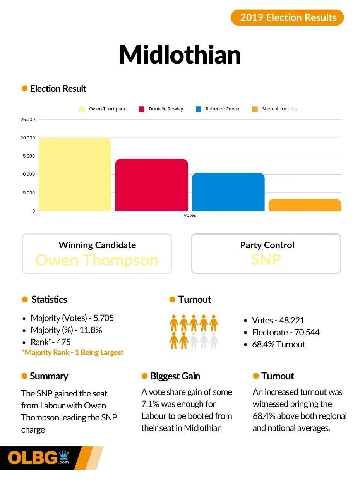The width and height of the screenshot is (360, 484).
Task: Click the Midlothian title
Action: pyautogui.click(x=180, y=55)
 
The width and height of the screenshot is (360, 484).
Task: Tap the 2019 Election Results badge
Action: pyautogui.click(x=287, y=17)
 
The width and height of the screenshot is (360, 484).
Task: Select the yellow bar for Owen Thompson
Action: pyautogui.click(x=75, y=174)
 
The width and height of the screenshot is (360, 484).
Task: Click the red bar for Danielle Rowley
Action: pyautogui.click(x=151, y=185)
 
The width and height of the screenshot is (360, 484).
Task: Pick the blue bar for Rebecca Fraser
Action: pyautogui.click(x=228, y=192)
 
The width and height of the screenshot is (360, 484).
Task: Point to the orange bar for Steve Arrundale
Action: pyautogui.click(x=305, y=205)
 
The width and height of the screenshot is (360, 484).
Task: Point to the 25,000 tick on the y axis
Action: pyautogui.click(x=28, y=120)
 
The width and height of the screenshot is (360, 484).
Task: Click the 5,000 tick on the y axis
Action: pyautogui.click(x=28, y=193)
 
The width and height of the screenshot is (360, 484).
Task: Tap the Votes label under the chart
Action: pyautogui.click(x=190, y=215)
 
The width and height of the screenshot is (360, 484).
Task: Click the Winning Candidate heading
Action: pyautogui.click(x=97, y=245)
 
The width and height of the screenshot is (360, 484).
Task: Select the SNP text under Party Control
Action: pyautogui.click(x=266, y=259)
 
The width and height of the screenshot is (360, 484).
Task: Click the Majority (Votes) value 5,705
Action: pyautogui.click(x=104, y=318)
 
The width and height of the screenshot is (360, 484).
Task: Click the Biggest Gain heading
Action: pyautogui.click(x=175, y=376)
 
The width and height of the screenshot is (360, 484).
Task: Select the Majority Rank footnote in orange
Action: pyautogui.click(x=72, y=352)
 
